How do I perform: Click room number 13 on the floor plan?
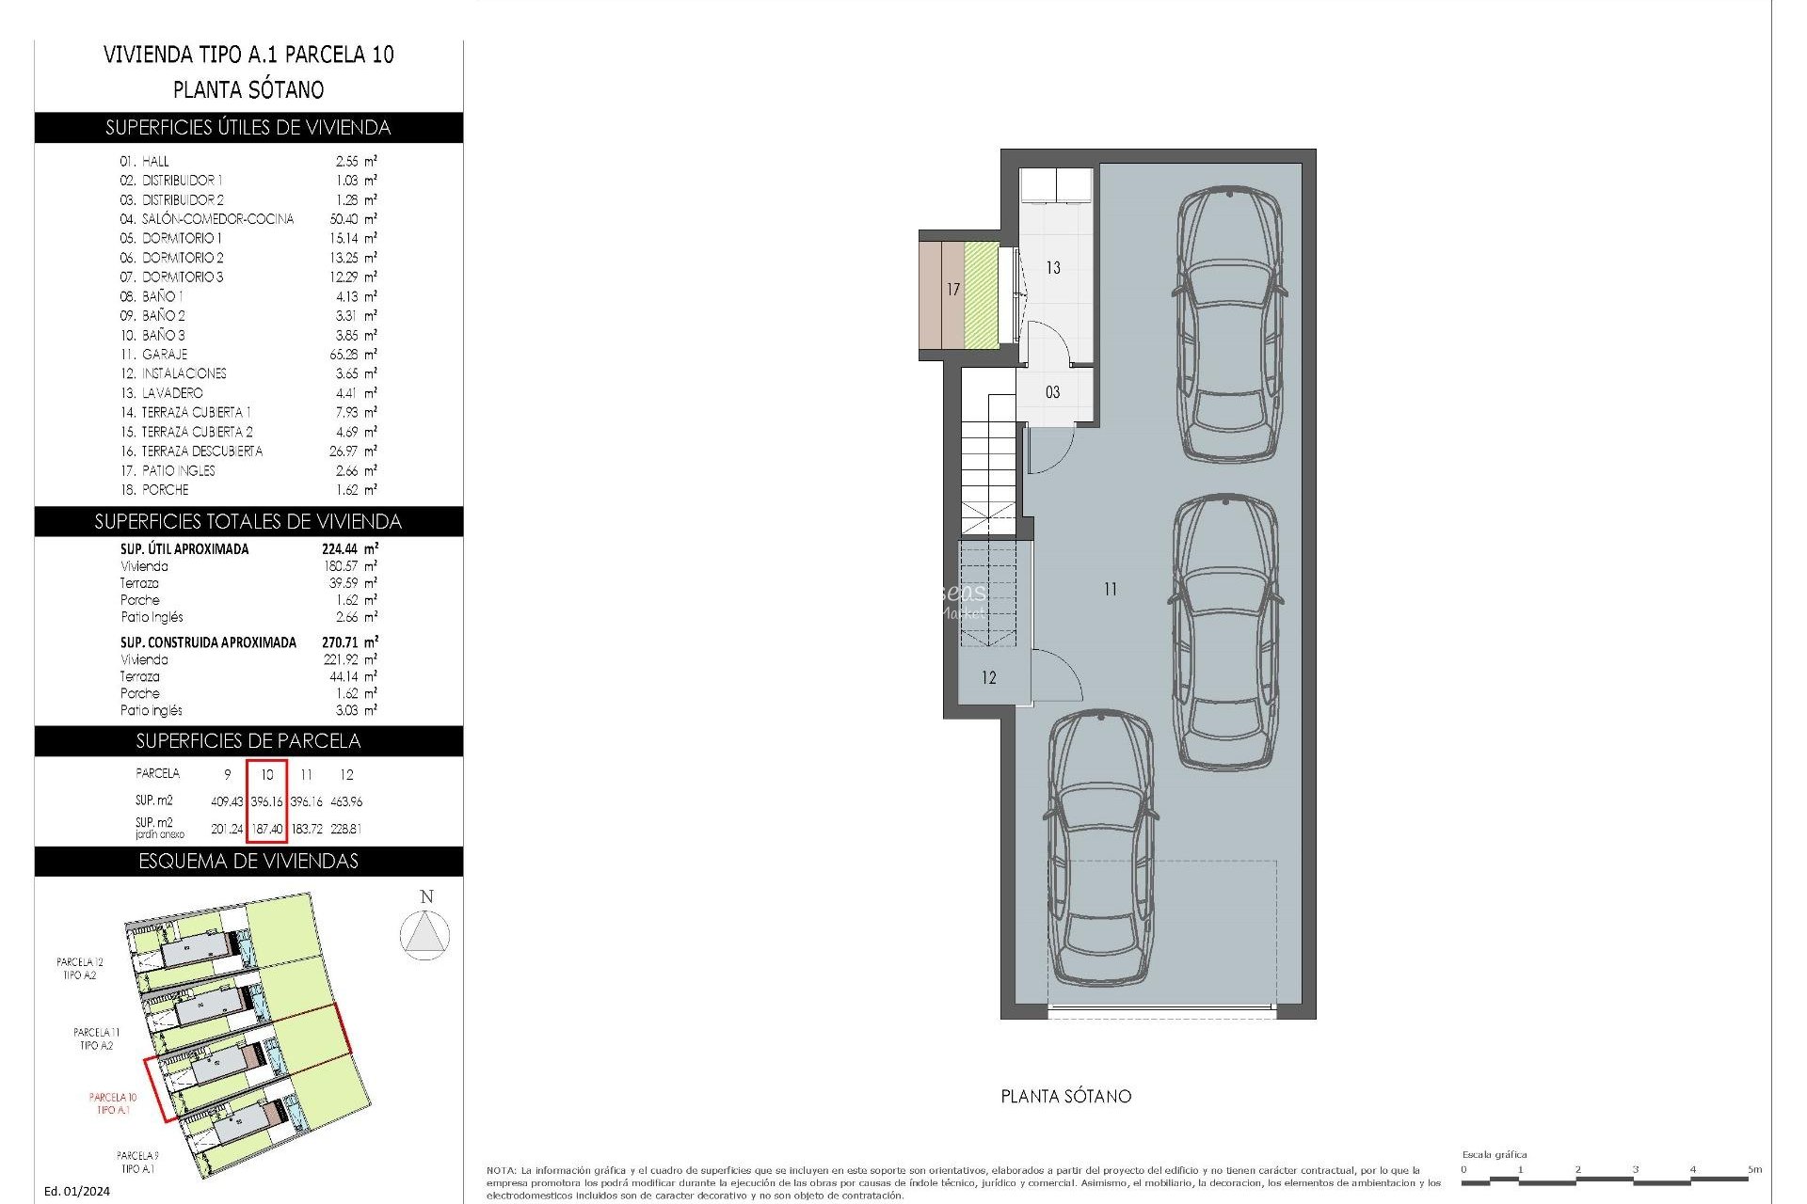pyautogui.click(x=1053, y=268)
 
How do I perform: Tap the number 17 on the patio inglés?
pyautogui.click(x=953, y=290)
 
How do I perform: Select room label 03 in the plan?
pyautogui.click(x=1052, y=392)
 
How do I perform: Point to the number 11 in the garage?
pyautogui.click(x=1111, y=590)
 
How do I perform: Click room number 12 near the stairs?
pyautogui.click(x=988, y=678)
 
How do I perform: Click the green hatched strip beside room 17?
pyautogui.click(x=982, y=293)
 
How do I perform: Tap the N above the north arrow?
pyautogui.click(x=426, y=896)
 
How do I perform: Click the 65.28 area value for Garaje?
pyautogui.click(x=348, y=355)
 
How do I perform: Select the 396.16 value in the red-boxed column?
pyautogui.click(x=266, y=802)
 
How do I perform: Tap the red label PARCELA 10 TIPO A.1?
pyautogui.click(x=113, y=1103)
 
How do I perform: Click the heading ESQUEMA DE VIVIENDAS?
pyautogui.click(x=248, y=862)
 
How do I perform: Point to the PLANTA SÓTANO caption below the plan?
pyautogui.click(x=1065, y=1097)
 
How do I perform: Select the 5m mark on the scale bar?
pyautogui.click(x=1754, y=1169)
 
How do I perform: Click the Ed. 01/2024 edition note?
pyautogui.click(x=77, y=1191)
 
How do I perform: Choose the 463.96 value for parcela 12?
pyautogui.click(x=346, y=802)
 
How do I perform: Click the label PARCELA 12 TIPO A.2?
pyautogui.click(x=80, y=969)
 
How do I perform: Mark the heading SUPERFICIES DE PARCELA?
pyautogui.click(x=248, y=741)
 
